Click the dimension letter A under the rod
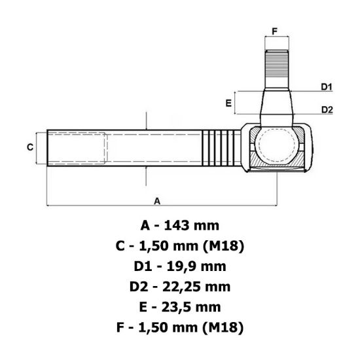[157, 201]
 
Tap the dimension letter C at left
[30, 147]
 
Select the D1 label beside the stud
[327, 87]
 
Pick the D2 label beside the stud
[327, 109]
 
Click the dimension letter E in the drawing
[228, 103]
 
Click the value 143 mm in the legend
[192, 226]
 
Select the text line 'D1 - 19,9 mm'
[180, 266]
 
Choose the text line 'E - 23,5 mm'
[180, 307]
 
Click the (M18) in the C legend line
[223, 246]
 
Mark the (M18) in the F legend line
[222, 327]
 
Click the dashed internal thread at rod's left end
[75, 147]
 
